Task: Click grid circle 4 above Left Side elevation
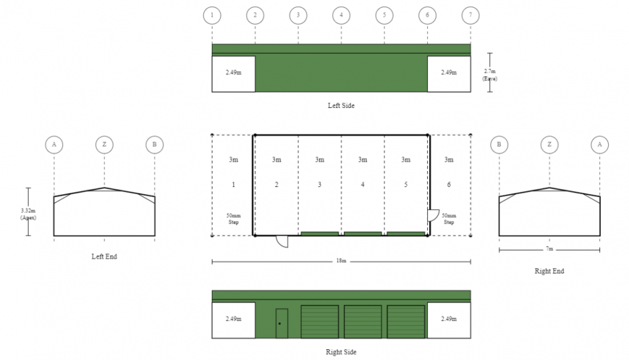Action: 341,14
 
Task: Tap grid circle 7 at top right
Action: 471,14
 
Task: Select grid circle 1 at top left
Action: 212,14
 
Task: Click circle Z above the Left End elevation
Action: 104,144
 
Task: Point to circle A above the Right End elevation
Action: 599,144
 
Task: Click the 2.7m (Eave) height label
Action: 490,74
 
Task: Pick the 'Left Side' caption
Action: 341,105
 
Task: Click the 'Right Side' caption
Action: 341,351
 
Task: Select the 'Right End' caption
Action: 549,271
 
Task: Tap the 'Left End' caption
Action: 104,256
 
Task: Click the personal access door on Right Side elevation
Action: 282,323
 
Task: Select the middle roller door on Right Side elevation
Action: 363,322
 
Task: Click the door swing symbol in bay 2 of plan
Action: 282,241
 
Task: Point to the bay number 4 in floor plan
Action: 362,184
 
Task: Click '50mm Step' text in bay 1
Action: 233,219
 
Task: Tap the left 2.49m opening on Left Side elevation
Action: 233,72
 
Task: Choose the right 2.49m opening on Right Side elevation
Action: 449,318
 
